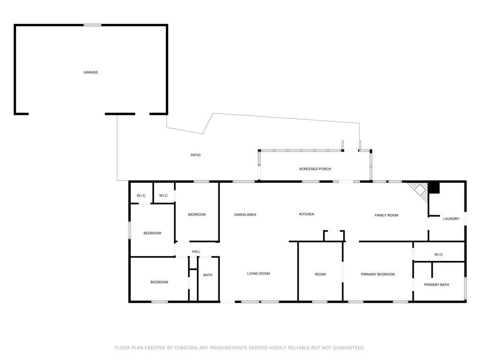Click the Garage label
tap(91, 72)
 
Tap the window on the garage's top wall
tap(92, 25)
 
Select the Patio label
tap(195, 155)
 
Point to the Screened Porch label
tap(315, 169)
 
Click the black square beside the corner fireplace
tap(434, 187)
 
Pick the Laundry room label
tap(451, 218)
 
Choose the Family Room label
tap(386, 215)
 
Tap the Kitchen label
tap(307, 214)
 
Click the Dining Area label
tap(245, 215)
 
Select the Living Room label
tap(258, 273)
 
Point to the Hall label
tap(196, 252)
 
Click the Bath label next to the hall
tap(208, 275)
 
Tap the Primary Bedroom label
tap(378, 274)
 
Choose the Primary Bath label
tap(436, 285)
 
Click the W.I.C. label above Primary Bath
tap(439, 255)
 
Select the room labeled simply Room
tap(320, 274)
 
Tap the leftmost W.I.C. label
tap(141, 195)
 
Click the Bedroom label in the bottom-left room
tap(159, 282)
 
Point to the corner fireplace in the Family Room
tap(418, 191)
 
